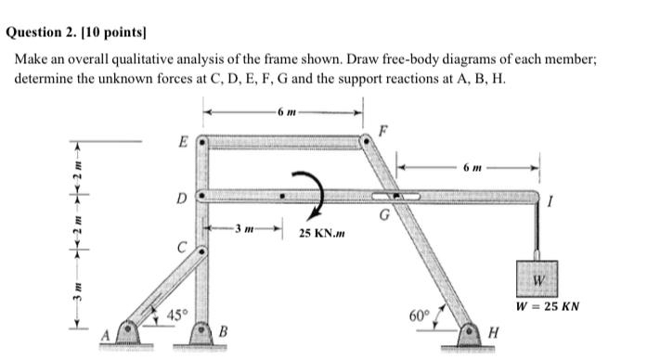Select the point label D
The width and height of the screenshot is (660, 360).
(181, 197)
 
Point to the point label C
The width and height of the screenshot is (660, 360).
(183, 246)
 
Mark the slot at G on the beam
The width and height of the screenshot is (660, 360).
(395, 197)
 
